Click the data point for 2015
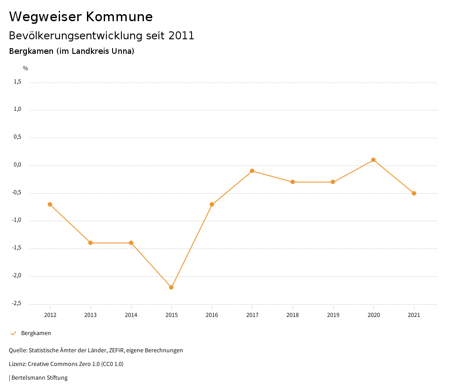pos(171,287)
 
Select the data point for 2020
pos(373,160)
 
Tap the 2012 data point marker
pos(50,204)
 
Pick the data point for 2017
pos(252,171)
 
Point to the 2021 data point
pos(414,193)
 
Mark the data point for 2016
pos(212,204)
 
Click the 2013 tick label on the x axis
pos(90,315)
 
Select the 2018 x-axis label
pos(293,315)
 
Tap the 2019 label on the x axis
pos(333,315)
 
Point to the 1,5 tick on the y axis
pos(18,82)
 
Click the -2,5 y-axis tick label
pos(16,304)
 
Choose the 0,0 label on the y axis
pos(18,165)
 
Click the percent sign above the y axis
pos(26,68)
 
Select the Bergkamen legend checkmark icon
pos(13,333)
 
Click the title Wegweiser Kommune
pos(81,16)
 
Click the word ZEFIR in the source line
pos(116,351)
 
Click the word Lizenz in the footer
pos(17,364)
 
